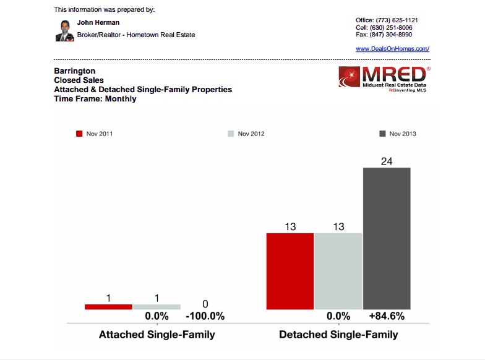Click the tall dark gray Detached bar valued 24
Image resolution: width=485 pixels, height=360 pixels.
tap(387, 238)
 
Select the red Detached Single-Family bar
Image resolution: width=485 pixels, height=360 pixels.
tap(290, 271)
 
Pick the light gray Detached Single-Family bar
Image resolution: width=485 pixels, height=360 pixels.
tap(338, 271)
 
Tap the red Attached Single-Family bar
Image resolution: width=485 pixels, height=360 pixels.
tap(108, 307)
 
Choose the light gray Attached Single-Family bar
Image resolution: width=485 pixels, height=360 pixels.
tap(157, 307)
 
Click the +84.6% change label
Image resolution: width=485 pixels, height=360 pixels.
tap(387, 316)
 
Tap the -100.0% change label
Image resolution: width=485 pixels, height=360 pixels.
tap(205, 316)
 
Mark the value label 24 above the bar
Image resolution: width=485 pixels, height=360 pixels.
tap(387, 161)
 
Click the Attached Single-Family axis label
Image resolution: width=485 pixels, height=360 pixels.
tap(157, 335)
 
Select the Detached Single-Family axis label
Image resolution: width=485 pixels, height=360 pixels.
tap(338, 335)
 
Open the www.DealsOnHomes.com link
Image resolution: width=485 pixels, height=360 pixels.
tap(392, 48)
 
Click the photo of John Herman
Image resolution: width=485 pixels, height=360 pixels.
tap(64, 30)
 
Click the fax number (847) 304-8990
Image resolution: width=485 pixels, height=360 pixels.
tap(397, 35)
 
